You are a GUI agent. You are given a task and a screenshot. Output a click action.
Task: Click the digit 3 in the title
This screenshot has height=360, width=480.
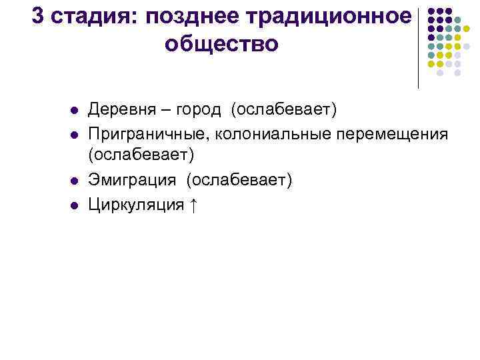pos(38,17)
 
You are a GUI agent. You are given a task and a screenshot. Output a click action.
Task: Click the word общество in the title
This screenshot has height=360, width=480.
pos(221,44)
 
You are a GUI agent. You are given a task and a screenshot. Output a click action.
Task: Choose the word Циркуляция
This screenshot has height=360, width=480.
pos(137,205)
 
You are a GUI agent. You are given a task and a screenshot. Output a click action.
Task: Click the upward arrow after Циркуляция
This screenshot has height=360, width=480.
pos(193,205)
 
